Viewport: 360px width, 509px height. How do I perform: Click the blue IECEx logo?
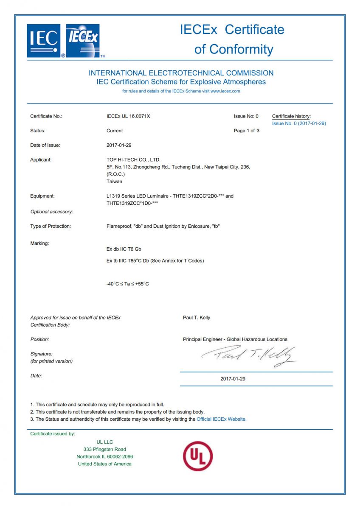(83, 41)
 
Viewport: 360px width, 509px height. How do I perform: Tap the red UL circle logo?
(197, 456)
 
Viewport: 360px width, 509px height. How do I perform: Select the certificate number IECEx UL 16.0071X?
(128, 116)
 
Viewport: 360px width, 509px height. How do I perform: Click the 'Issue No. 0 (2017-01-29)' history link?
(299, 123)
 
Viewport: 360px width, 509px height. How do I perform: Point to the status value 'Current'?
(115, 131)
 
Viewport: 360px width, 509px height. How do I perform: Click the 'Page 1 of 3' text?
(246, 131)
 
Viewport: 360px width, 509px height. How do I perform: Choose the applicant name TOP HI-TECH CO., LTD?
(133, 159)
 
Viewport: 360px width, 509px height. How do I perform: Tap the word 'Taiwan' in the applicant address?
(114, 181)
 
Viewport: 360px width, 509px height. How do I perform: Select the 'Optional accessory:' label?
(51, 211)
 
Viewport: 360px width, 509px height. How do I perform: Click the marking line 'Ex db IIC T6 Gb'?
(124, 249)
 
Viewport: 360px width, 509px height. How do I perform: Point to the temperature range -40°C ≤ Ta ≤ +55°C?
(127, 284)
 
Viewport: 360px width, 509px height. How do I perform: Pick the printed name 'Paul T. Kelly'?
(196, 317)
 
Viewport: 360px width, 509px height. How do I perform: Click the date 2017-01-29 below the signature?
(233, 379)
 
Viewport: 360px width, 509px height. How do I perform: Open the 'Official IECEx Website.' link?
(221, 419)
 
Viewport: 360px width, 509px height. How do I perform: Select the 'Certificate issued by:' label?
(53, 433)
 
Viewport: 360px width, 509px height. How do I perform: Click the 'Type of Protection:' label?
(51, 226)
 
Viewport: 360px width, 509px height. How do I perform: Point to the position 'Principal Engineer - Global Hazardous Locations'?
(235, 339)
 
